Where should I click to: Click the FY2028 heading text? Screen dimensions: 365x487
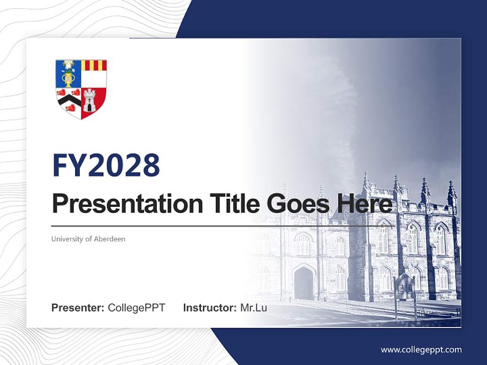(106, 166)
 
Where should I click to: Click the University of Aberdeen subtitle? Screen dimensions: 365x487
(88, 239)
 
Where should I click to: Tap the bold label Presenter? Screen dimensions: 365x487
(78, 308)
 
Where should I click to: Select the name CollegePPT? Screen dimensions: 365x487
(136, 308)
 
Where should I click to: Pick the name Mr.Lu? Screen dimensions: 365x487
(254, 308)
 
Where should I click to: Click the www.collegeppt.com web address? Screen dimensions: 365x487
(421, 349)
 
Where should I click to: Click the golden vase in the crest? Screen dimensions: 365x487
(68, 78)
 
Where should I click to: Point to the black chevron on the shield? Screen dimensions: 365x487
(68, 100)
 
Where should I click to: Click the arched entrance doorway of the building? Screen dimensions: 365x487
(303, 283)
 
